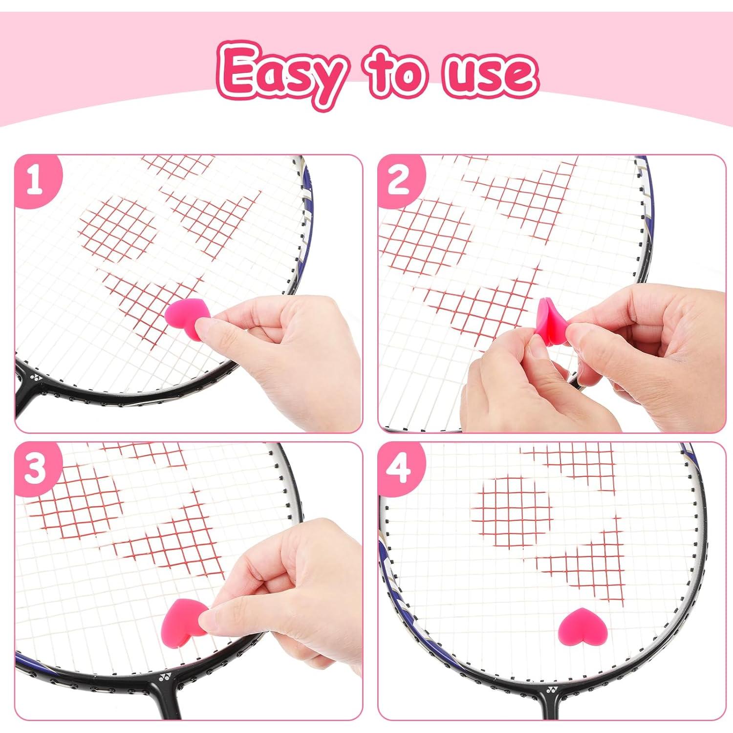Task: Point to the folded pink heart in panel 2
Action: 551,320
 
